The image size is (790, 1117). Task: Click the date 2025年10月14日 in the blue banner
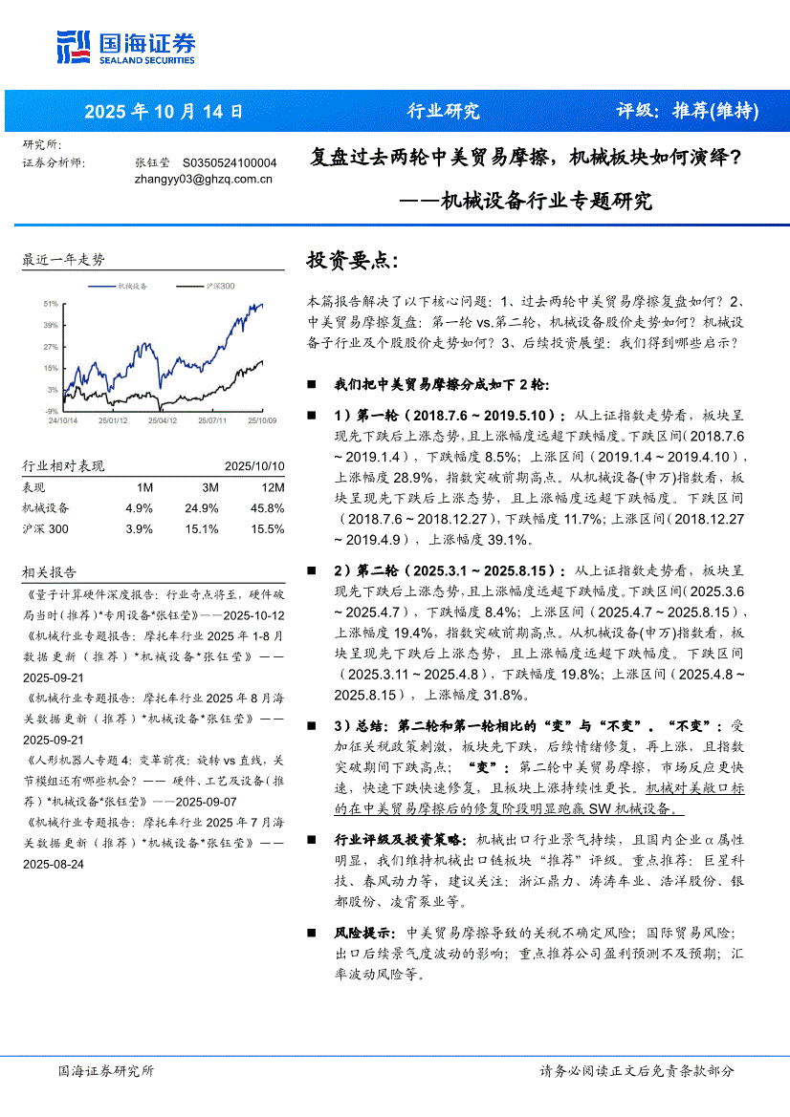click(x=164, y=111)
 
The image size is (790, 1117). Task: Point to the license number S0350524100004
click(x=230, y=163)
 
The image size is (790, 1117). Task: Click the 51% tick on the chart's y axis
click(x=51, y=303)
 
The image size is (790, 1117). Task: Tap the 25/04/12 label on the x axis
click(x=161, y=419)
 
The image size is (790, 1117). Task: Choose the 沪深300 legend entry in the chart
click(x=219, y=286)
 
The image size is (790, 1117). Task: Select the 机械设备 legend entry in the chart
click(x=131, y=286)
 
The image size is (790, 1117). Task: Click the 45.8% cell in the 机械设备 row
click(x=267, y=507)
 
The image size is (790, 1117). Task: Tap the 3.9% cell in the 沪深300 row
click(x=139, y=528)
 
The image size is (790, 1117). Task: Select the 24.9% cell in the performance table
click(x=203, y=507)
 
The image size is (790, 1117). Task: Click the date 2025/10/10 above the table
click(x=254, y=466)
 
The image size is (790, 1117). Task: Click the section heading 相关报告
click(x=50, y=572)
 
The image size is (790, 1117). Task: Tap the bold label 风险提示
click(x=362, y=932)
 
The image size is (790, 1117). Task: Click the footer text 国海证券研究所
click(x=105, y=1071)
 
